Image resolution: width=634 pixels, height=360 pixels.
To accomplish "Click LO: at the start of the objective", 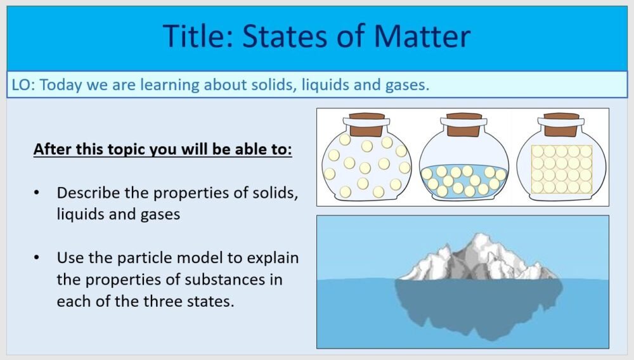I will click(23, 85).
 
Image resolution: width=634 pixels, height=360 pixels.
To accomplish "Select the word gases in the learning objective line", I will click(406, 85).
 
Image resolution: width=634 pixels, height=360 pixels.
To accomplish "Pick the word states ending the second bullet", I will click(212, 301).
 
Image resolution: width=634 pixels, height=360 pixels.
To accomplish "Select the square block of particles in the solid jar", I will click(561, 169).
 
